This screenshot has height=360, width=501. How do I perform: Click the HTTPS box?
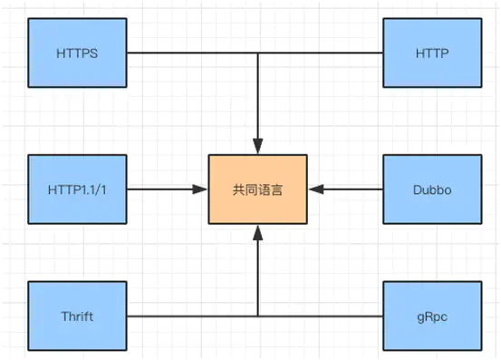tap(76, 53)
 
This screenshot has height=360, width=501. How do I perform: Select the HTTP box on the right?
tap(431, 53)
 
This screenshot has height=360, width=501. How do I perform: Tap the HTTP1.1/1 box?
tap(76, 190)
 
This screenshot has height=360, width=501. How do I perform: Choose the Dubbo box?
tap(431, 190)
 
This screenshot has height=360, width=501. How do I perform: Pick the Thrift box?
tap(76, 316)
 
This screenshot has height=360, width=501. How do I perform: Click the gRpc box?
tap(431, 316)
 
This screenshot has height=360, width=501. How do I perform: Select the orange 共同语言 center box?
tap(258, 190)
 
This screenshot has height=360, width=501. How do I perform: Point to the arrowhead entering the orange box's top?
tap(258, 148)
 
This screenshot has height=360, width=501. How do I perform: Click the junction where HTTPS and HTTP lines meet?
tap(258, 53)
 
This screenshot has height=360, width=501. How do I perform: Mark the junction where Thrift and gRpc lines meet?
tap(258, 316)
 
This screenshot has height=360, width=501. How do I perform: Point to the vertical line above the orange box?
tap(258, 100)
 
